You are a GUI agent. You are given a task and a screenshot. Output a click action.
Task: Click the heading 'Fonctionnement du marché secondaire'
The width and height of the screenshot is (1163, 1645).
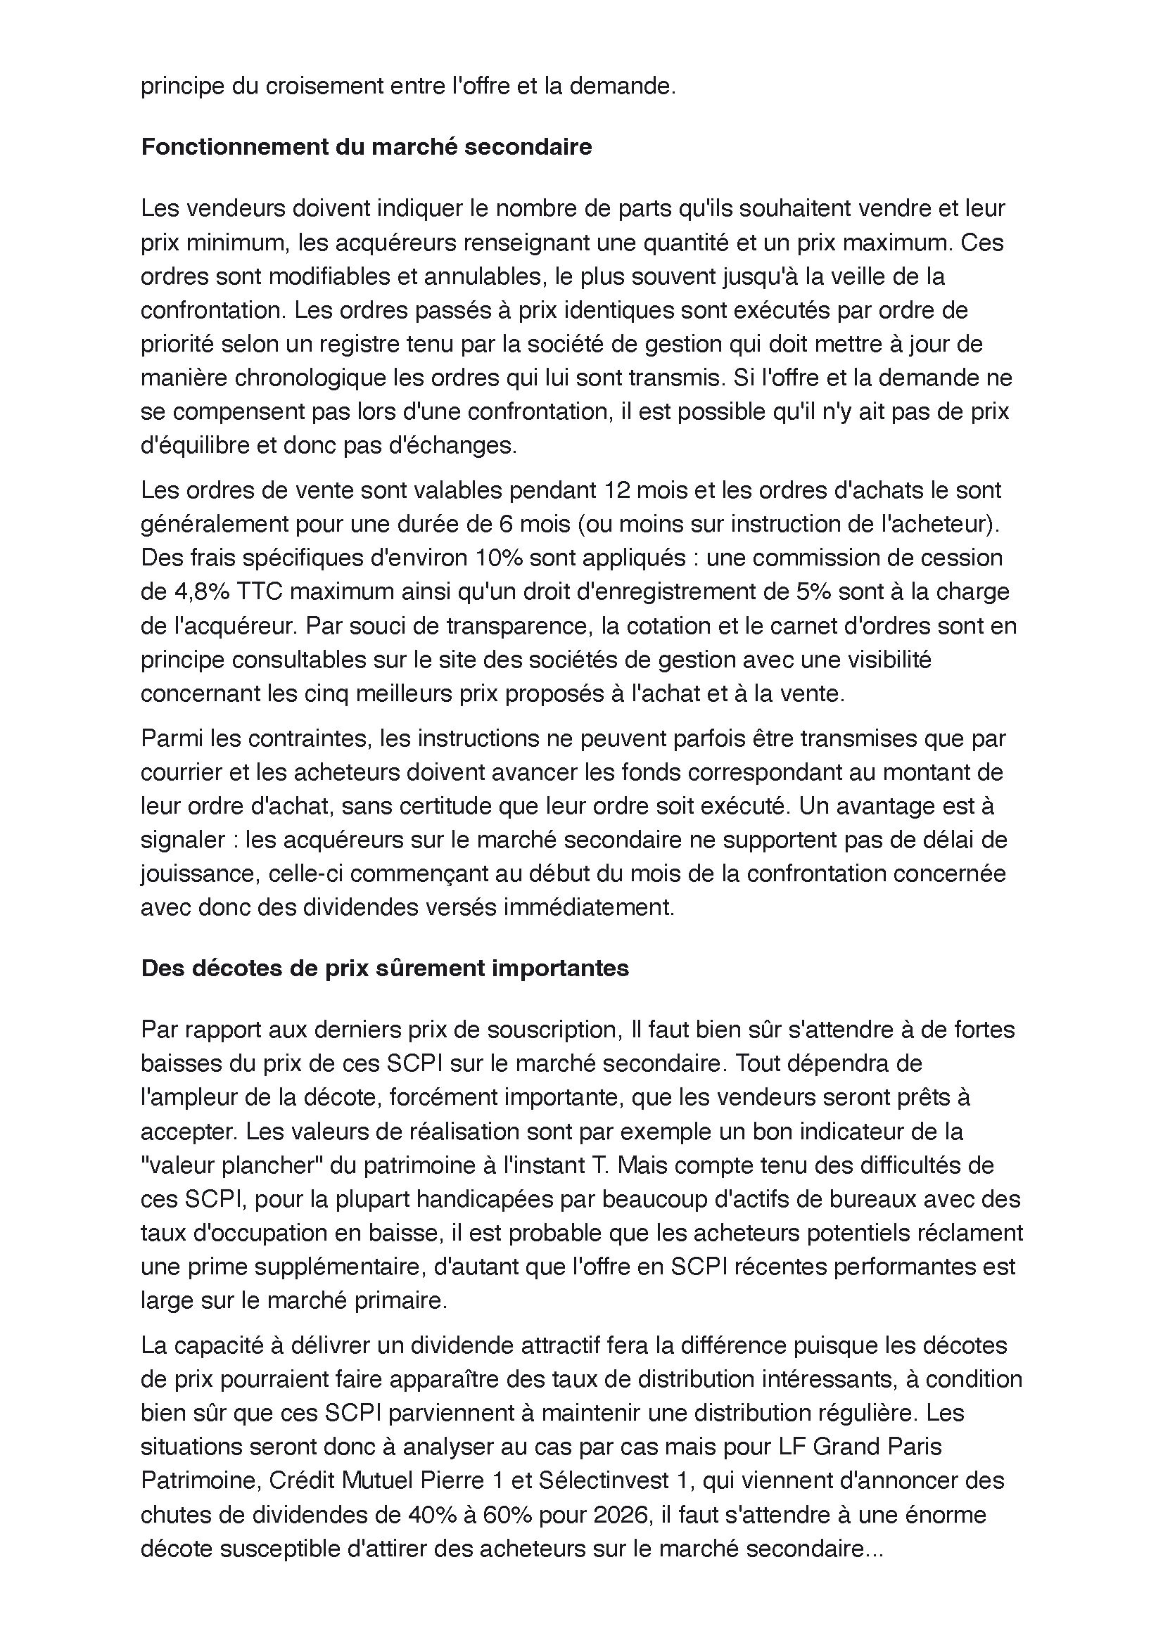pos(366,147)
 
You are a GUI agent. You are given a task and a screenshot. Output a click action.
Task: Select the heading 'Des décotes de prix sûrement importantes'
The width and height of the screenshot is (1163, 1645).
pos(385,968)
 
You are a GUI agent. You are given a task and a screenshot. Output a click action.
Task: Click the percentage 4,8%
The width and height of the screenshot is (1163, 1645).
pos(201,591)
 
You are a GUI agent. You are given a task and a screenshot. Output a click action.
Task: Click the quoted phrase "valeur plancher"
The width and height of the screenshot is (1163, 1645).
pos(229,1165)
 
